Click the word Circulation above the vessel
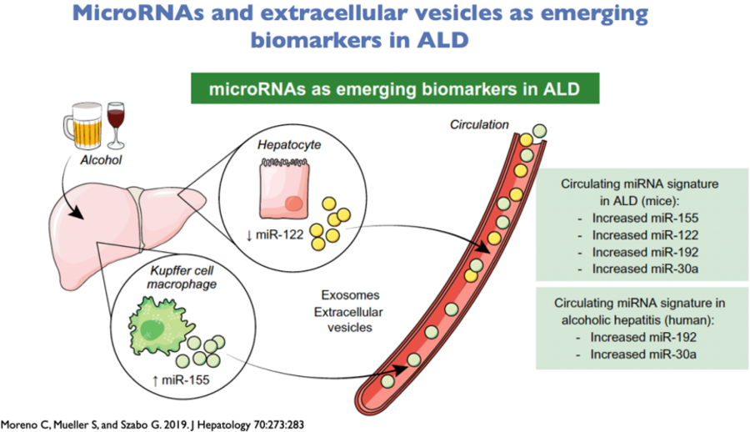click(x=479, y=124)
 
